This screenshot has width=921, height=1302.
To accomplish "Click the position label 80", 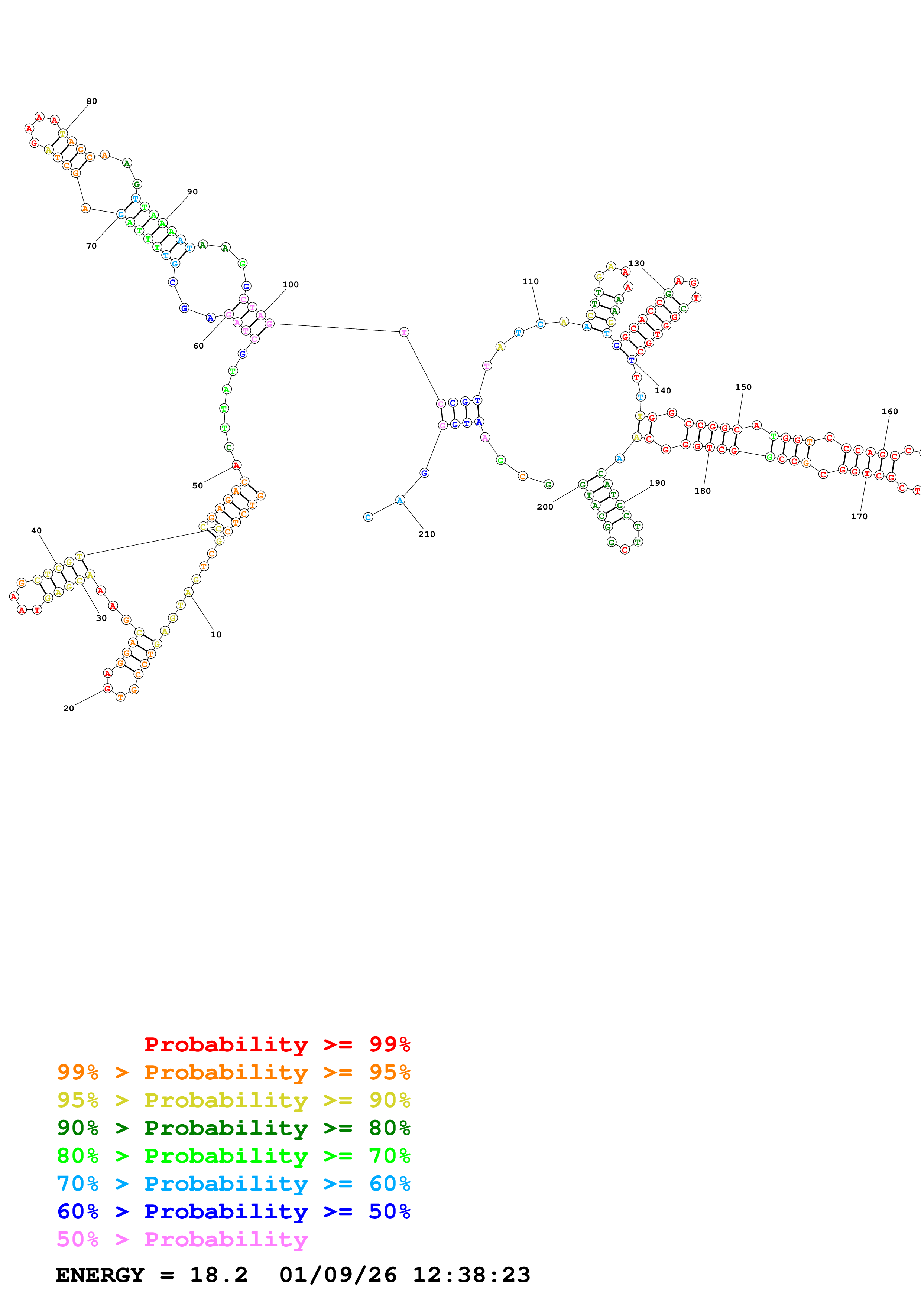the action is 92,101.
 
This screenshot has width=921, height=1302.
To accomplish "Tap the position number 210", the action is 427,534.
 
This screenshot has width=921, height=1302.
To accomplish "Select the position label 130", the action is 636,263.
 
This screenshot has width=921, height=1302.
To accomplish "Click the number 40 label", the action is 36,531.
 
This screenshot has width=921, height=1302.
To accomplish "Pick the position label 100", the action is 291,285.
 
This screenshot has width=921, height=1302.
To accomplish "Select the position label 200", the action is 545,507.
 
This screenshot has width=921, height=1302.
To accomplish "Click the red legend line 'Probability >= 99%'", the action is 277,1044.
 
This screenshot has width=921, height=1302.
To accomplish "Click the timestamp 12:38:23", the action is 471,1275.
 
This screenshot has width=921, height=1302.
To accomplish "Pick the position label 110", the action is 531,281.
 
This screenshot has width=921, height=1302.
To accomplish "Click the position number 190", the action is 657,483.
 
